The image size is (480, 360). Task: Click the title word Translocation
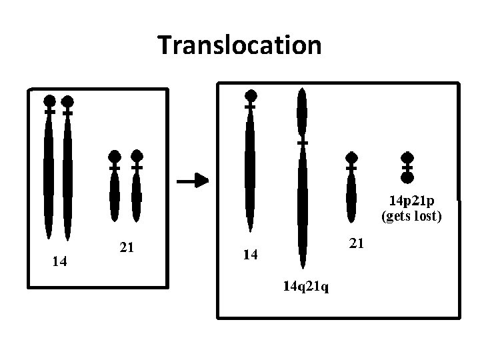coord(240,45)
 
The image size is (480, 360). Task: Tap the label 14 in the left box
coord(59,261)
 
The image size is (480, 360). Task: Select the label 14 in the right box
coord(249,255)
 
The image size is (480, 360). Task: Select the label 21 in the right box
coord(357,244)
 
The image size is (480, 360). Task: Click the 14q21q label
coord(309,287)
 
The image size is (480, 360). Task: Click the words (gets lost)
coord(411,215)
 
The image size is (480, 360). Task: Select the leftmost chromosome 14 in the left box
coord(49,173)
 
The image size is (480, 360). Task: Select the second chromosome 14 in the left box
coord(67,173)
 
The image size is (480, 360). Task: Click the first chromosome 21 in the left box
coord(115,190)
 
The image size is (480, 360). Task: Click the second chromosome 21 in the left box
coord(137,190)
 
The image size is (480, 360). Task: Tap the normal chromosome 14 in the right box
coord(250,167)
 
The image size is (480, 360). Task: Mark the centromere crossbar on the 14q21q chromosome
coord(302,143)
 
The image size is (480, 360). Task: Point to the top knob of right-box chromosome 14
coord(250,95)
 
